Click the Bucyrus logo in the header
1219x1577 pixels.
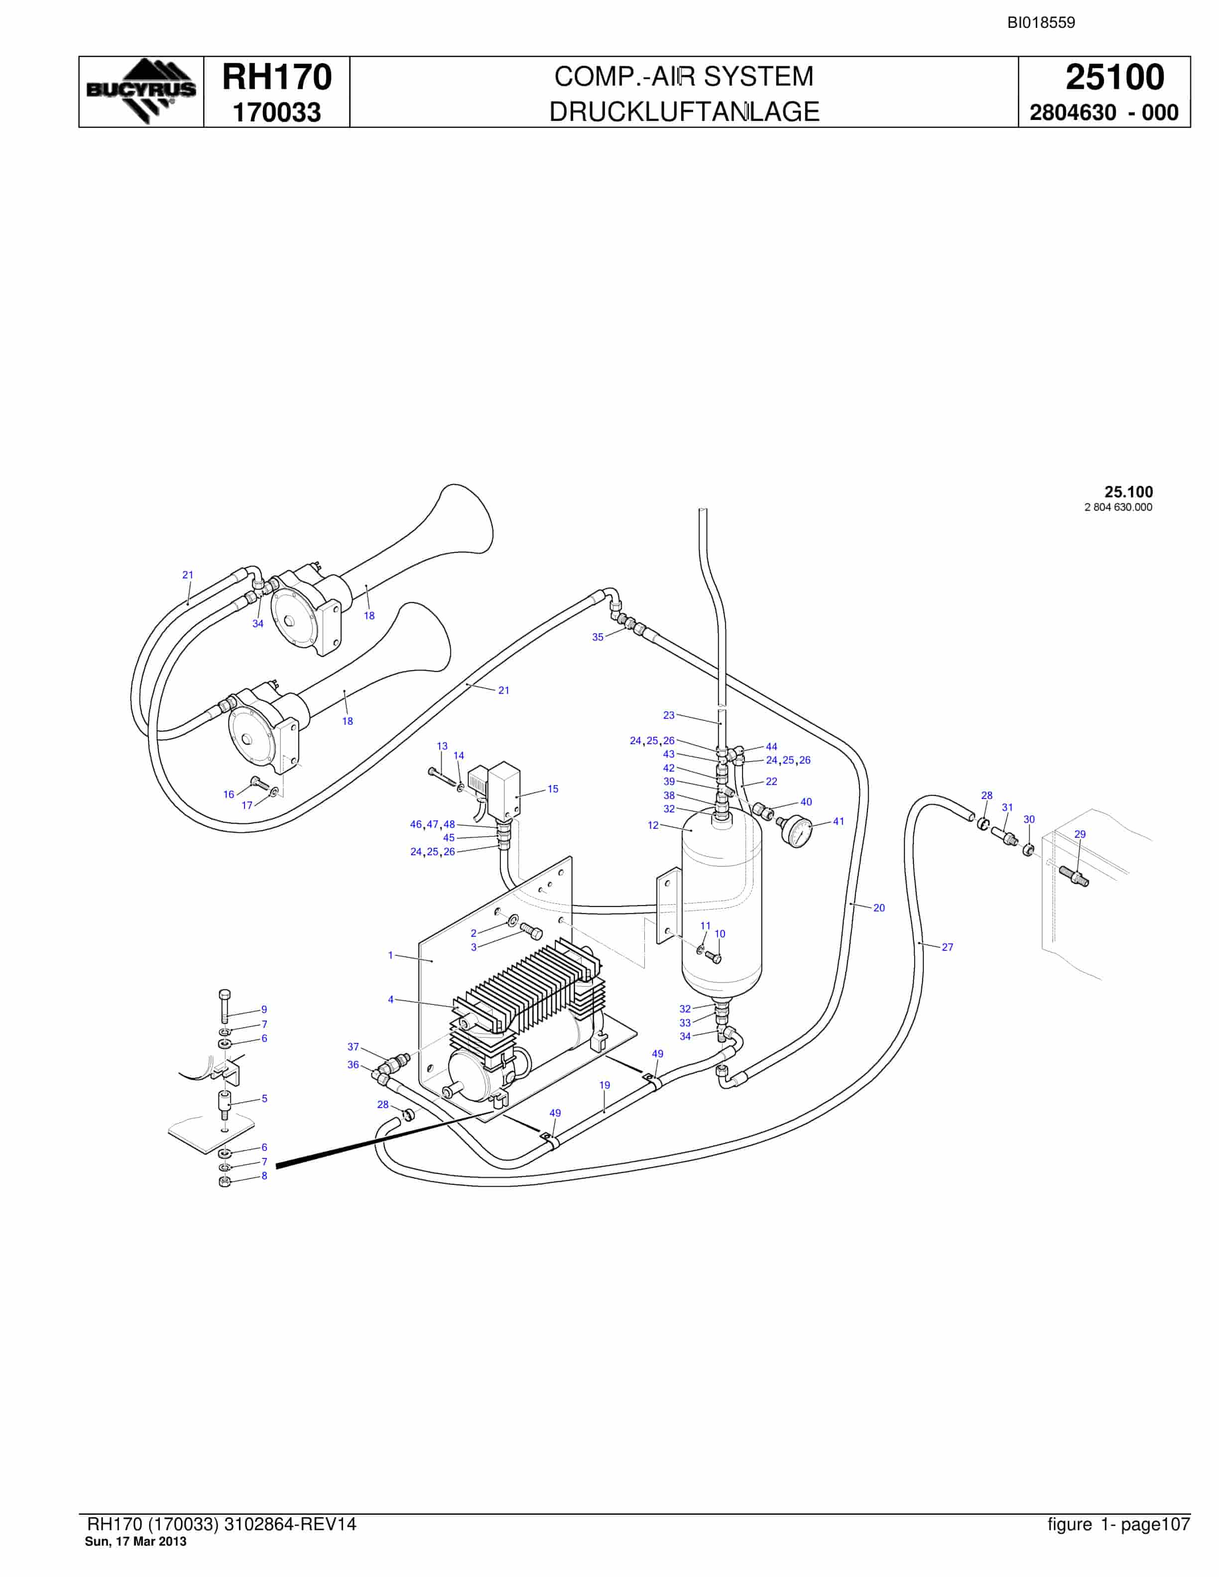click(x=141, y=92)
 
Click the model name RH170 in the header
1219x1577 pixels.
click(x=276, y=77)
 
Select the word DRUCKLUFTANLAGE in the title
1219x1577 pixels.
click(x=684, y=112)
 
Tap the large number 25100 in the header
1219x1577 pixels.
click(x=1115, y=77)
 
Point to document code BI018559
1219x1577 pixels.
click(x=1041, y=22)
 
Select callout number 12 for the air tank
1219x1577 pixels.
click(x=653, y=825)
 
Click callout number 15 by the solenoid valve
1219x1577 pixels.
click(x=552, y=789)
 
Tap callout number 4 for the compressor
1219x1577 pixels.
click(x=391, y=1000)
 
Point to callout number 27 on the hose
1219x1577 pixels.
click(x=948, y=947)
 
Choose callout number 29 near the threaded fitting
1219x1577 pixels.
click(x=1080, y=834)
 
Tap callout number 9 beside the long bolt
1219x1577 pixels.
click(x=264, y=1010)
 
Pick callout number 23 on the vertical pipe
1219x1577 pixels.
click(x=669, y=715)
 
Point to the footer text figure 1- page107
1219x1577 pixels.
click(x=1118, y=1524)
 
